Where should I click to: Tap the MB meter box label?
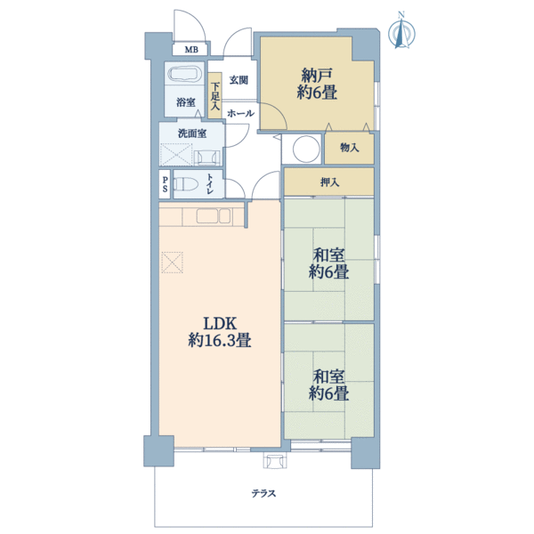point(191,50)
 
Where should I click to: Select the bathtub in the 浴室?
point(185,74)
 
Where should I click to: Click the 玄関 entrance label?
point(239,80)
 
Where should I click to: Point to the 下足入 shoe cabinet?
point(214,96)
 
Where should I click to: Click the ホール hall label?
point(240,113)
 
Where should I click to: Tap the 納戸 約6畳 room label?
point(317,85)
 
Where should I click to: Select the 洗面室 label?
point(192,133)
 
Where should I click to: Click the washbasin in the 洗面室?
point(207,158)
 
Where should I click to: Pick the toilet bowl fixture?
point(186,184)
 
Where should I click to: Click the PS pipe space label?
point(166,184)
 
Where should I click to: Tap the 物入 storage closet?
point(349,149)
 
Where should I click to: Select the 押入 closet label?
point(329,182)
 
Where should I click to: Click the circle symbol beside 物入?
point(306,149)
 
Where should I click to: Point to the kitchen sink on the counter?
point(214,216)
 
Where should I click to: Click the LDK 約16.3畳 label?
point(220,332)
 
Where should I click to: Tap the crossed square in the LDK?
point(172,263)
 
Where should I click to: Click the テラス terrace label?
point(263,493)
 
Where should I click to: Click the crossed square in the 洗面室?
point(176,155)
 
